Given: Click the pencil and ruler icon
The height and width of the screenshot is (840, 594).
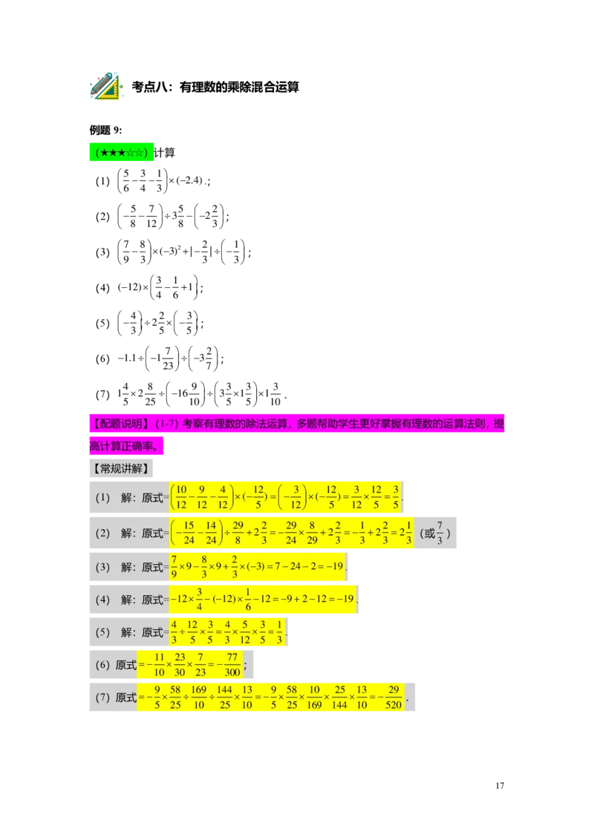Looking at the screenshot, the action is tap(105, 86).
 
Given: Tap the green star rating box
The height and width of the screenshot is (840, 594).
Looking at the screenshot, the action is tap(122, 153).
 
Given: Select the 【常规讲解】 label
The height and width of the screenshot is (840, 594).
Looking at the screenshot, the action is tap(120, 468).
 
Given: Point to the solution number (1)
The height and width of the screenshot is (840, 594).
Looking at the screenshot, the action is tap(102, 498).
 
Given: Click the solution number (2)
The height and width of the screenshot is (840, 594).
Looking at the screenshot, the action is tap(102, 533).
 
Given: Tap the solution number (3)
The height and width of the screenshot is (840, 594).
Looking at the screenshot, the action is tap(102, 567).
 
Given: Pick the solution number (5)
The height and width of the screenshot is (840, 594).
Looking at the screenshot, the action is tap(102, 632).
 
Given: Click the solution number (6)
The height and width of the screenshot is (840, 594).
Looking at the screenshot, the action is tap(102, 665).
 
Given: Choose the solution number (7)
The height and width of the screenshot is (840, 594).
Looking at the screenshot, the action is tap(102, 698).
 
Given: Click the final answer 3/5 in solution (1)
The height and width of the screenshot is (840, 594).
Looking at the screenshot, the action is tap(396, 498).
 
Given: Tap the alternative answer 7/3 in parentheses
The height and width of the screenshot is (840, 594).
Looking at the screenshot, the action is tap(440, 533).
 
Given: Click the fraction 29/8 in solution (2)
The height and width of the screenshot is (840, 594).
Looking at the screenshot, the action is tap(238, 533).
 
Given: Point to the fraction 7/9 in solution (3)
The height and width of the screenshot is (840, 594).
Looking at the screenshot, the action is tap(174, 567).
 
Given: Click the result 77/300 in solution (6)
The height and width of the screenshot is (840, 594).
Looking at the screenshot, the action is tap(232, 665).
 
